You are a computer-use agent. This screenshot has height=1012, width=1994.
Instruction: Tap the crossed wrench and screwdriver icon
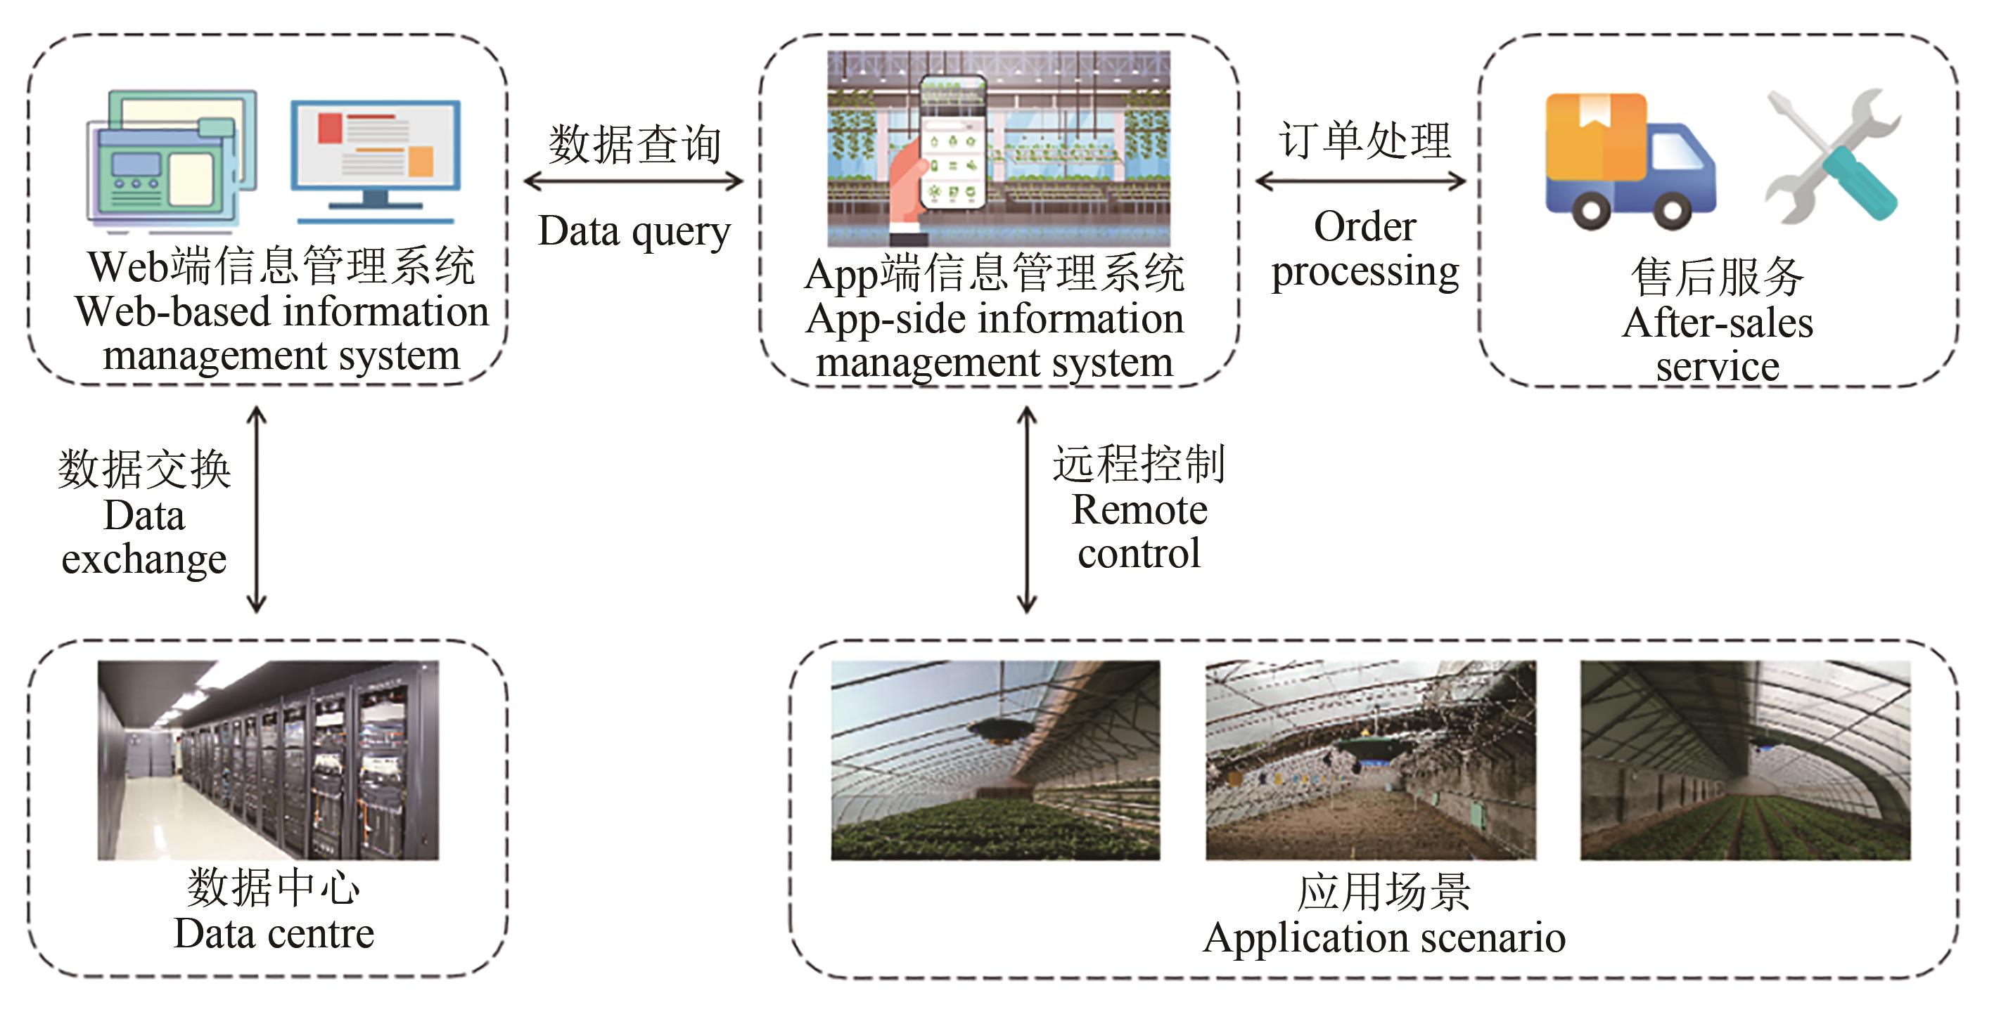coord(1832,158)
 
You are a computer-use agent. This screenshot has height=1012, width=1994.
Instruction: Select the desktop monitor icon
coord(376,158)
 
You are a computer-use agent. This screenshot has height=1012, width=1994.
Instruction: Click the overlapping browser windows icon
coord(171,160)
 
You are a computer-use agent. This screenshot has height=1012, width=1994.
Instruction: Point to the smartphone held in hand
coord(952,143)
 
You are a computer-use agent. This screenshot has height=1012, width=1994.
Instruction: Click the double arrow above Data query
coord(633,182)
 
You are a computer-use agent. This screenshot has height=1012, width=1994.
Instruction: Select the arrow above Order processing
coord(1360,182)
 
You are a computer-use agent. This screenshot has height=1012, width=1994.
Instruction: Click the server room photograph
coord(268,760)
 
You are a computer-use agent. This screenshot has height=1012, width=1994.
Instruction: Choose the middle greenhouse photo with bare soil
coord(1370,760)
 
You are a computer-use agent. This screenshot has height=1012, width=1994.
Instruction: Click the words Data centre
coord(274,934)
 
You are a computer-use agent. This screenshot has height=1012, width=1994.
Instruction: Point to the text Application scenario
coord(1384,938)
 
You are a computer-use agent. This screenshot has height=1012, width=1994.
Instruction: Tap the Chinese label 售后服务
coord(1717,277)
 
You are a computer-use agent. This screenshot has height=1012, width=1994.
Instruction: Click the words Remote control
coord(1139,531)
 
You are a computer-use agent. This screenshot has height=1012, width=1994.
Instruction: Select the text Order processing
coord(1365,249)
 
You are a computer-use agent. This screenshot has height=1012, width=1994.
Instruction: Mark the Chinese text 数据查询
coord(634,145)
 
